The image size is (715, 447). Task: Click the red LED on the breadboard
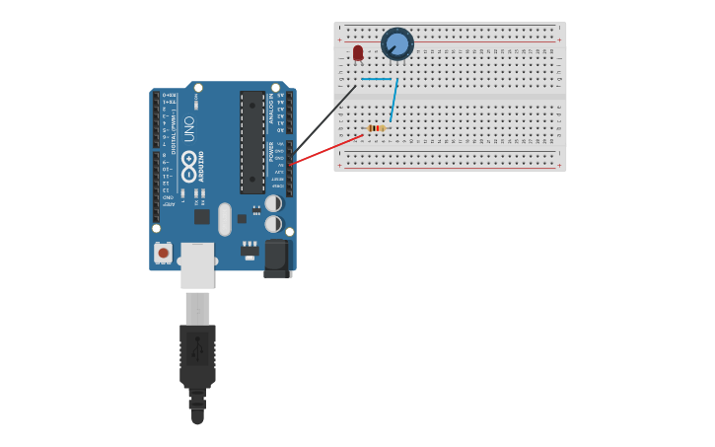pos(358,52)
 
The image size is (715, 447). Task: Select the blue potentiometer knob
pos(397,44)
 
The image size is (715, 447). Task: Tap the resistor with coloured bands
pos(375,128)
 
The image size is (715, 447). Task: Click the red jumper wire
pos(326,149)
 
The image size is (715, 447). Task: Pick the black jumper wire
pos(325,118)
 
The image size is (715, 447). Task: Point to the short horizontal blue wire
pos(377,79)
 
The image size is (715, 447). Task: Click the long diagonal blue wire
pos(393,100)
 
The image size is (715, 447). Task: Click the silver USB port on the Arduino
pos(197,264)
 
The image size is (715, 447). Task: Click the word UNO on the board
pos(189,128)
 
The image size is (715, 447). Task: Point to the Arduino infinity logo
pos(188,161)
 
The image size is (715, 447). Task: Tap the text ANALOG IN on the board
pos(270,109)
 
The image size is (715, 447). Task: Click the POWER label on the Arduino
pos(271,151)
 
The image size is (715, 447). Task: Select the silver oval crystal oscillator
pos(225,219)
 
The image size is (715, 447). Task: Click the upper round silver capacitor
pos(273,203)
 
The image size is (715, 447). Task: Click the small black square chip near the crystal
pos(201,216)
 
